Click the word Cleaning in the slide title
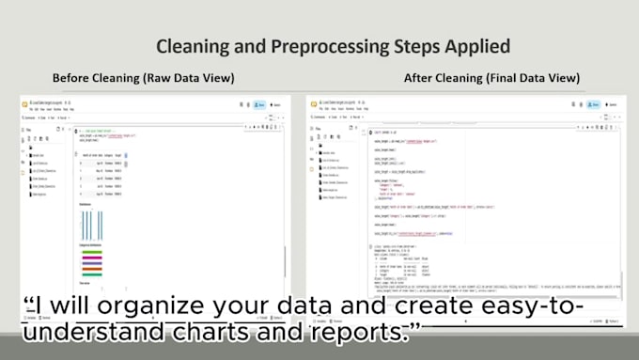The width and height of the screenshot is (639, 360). pos(192,46)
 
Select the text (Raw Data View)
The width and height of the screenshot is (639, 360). pos(189,78)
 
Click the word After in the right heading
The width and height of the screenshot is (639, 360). pos(420,78)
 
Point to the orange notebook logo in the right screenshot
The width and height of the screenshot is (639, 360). pos(312,102)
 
